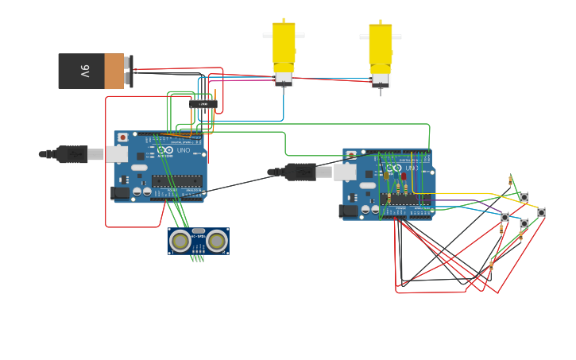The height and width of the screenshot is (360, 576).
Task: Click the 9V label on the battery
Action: [84, 71]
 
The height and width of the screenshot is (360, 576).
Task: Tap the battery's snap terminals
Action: [129, 72]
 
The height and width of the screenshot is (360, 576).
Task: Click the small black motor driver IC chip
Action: [203, 103]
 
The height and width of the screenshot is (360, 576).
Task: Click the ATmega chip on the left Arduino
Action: [177, 181]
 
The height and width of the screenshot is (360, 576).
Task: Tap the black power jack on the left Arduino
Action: [121, 192]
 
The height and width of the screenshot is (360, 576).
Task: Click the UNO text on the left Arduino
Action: [183, 150]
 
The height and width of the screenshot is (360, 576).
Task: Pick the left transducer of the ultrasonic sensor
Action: [181, 240]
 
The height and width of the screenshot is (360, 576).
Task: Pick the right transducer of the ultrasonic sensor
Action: [216, 240]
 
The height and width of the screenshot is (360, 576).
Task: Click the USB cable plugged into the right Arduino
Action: [302, 172]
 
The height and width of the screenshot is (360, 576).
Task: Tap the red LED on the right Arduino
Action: [403, 177]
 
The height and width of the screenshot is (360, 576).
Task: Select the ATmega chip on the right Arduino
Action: [405, 199]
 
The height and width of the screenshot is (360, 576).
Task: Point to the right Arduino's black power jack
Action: [348, 211]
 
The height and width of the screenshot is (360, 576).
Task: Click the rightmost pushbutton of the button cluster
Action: [541, 212]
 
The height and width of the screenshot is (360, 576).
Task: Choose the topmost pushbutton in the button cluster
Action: [524, 197]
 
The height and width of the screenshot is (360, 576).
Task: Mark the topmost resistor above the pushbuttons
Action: [510, 181]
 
